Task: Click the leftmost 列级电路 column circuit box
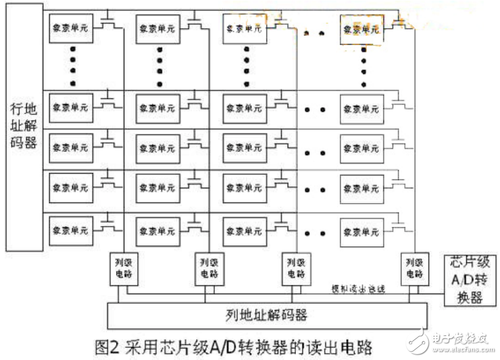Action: point(121,269)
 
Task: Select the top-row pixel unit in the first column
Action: point(71,29)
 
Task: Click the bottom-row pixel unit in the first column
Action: point(71,230)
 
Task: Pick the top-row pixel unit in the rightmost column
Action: point(362,29)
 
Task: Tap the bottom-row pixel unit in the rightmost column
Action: point(362,230)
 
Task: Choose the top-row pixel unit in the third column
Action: point(245,29)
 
